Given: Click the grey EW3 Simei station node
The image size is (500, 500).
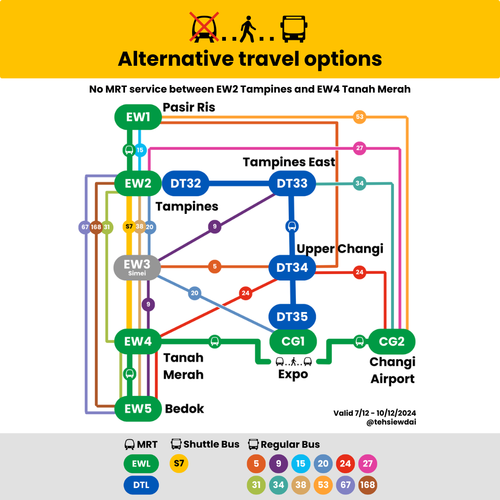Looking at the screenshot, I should pyautogui.click(x=137, y=267).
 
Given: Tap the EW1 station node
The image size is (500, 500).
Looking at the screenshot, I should pyautogui.click(x=138, y=117).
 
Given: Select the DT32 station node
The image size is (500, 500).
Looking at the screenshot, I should pyautogui.click(x=185, y=183).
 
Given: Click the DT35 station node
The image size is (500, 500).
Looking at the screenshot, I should pyautogui.click(x=292, y=317).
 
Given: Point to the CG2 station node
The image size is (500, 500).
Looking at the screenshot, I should pyautogui.click(x=392, y=342).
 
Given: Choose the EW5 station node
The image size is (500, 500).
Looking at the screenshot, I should pyautogui.click(x=137, y=409).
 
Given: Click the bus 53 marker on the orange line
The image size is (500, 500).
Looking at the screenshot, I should pyautogui.click(x=359, y=117).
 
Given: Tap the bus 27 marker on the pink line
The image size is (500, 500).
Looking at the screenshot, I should pyautogui.click(x=359, y=148).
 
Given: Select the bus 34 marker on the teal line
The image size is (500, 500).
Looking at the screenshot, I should pyautogui.click(x=359, y=183).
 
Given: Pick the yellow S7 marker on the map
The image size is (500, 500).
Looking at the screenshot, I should pyautogui.click(x=129, y=227).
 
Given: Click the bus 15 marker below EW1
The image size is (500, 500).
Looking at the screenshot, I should pyautogui.click(x=140, y=150).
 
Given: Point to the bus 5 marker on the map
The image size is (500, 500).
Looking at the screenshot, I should pyautogui.click(x=214, y=267).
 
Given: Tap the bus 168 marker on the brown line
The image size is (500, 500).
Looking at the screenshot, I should pyautogui.click(x=96, y=227).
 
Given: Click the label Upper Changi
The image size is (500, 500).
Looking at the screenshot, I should pyautogui.click(x=340, y=249).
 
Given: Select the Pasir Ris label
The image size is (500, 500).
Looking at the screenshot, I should pyautogui.click(x=189, y=107).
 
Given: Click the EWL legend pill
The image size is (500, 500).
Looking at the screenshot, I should pyautogui.click(x=141, y=463).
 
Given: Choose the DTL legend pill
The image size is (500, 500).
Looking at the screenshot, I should pyautogui.click(x=141, y=485).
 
